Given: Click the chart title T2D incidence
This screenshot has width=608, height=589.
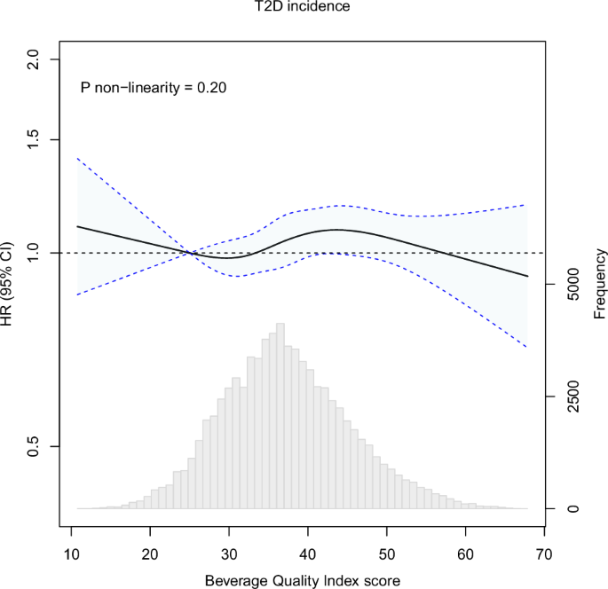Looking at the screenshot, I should [x=304, y=8].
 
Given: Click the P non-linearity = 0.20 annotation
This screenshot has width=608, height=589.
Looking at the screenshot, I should [x=154, y=89].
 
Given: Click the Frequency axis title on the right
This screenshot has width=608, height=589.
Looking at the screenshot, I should [x=601, y=284].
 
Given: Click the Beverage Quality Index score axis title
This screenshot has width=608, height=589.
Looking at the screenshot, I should [x=303, y=581].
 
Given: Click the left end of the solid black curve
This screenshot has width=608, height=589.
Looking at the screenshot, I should [x=78, y=226].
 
